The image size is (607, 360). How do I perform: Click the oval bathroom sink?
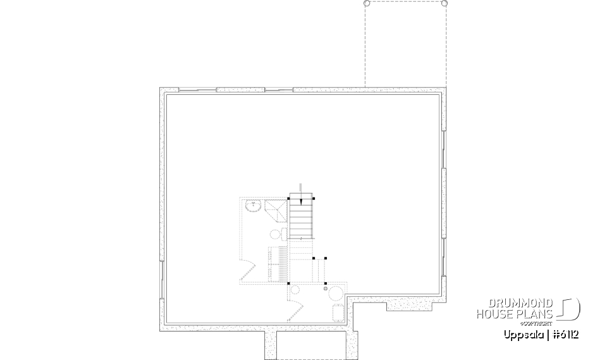(x=254, y=206)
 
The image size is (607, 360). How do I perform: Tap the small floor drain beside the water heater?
(x=326, y=289)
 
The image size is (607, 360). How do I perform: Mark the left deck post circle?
(x=367, y=3)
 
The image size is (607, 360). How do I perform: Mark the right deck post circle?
(x=445, y=3)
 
